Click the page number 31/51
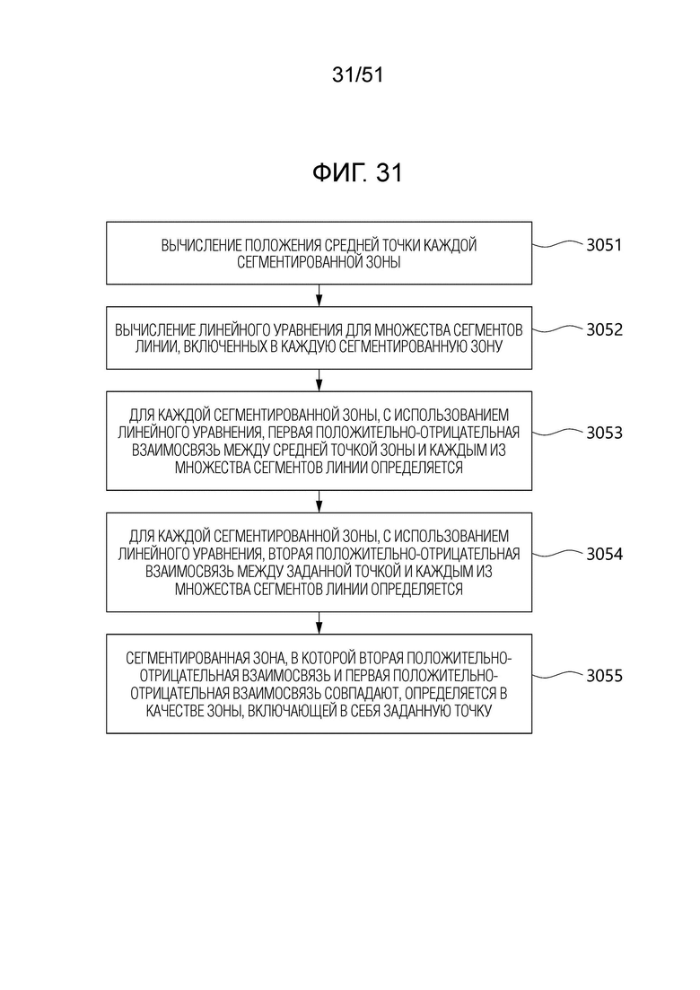pyautogui.click(x=357, y=75)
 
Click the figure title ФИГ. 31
pyautogui.click(x=357, y=172)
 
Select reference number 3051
pyautogui.click(x=604, y=245)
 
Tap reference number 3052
pyautogui.click(x=604, y=329)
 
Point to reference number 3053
pyautogui.click(x=604, y=434)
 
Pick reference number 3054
pyautogui.click(x=604, y=555)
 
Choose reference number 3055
pyautogui.click(x=604, y=676)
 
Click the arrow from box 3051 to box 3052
pyautogui.click(x=319, y=295)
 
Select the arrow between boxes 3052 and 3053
pyautogui.click(x=319, y=380)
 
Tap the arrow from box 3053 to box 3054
pyautogui.click(x=319, y=502)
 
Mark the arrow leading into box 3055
pyautogui.click(x=319, y=623)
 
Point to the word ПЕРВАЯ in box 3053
pyautogui.click(x=288, y=434)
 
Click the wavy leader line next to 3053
pyautogui.click(x=557, y=433)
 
